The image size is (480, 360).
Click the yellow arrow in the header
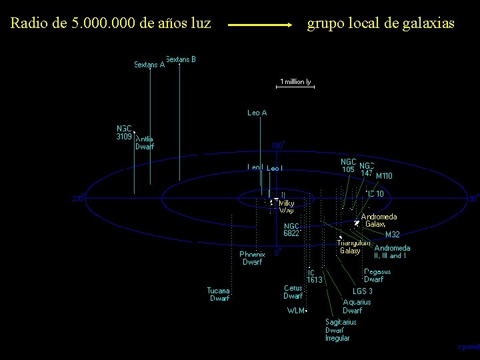(260, 25)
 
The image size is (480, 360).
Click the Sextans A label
(149, 65)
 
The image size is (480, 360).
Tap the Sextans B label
(181, 59)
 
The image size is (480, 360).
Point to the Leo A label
(257, 113)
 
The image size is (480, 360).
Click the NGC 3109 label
(125, 132)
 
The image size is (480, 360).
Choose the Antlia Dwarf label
(145, 143)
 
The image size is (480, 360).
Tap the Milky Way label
(287, 206)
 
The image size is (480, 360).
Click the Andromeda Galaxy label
(379, 221)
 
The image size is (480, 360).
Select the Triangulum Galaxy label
(353, 247)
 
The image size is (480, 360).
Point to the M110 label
(384, 176)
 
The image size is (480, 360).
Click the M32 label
(393, 234)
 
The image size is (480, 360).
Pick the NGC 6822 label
(291, 229)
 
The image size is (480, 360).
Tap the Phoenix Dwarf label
(252, 258)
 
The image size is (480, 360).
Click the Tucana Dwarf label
(219, 294)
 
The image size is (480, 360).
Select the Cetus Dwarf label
(293, 292)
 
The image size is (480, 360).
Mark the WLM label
(296, 310)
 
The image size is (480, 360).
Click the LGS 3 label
(363, 291)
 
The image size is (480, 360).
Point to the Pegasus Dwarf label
(377, 275)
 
